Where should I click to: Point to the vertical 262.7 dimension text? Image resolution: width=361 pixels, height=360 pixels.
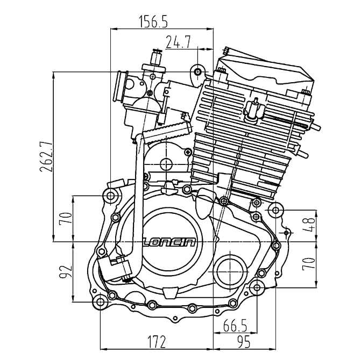point(47,156)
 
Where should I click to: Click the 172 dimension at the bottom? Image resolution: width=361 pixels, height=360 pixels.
point(157,341)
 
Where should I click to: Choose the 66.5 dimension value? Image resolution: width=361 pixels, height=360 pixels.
point(235,325)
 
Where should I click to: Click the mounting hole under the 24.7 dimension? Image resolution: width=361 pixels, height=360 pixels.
point(199,71)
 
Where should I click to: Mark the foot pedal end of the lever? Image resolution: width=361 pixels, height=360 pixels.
point(118,267)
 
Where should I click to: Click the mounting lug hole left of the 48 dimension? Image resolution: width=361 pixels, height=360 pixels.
point(276,210)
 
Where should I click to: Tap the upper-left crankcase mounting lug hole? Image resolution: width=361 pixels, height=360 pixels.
point(111,196)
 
